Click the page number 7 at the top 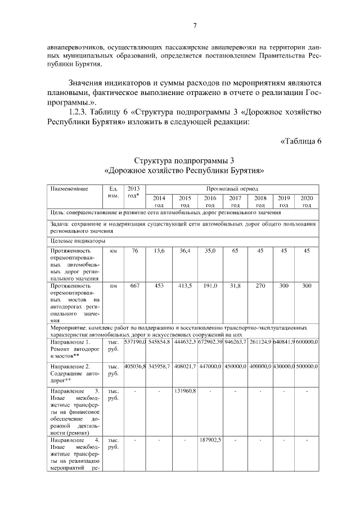click(x=194, y=25)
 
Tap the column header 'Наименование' click(x=69, y=189)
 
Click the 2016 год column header click(x=210, y=201)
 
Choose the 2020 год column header click(x=307, y=201)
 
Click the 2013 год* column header click(x=134, y=192)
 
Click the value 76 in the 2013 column click(x=134, y=251)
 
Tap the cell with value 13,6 click(x=159, y=251)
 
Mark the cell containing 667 click(x=134, y=286)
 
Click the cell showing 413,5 click(x=185, y=286)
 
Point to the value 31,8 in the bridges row click(x=235, y=286)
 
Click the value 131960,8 click(x=185, y=391)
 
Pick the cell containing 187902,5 click(x=210, y=440)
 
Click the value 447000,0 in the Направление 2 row click(x=210, y=366)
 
